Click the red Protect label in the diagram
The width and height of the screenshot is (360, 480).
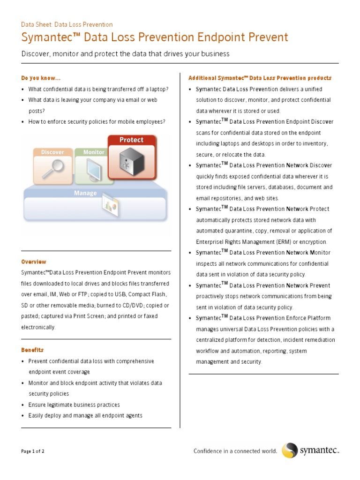click(x=131, y=140)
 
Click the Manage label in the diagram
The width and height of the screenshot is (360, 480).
click(x=85, y=193)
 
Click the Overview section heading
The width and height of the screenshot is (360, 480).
click(x=34, y=262)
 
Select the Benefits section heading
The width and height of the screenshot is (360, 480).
click(x=32, y=350)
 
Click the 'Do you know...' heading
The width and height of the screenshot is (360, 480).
click(x=41, y=78)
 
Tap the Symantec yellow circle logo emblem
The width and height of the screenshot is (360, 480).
click(x=289, y=450)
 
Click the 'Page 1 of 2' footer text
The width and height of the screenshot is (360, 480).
click(x=33, y=451)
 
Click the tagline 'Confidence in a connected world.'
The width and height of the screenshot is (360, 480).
click(x=235, y=451)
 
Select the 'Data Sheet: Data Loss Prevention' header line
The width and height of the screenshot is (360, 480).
click(x=67, y=24)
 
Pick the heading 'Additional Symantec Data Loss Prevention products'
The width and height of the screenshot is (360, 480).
click(x=260, y=78)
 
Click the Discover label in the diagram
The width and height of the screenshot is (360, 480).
click(x=52, y=152)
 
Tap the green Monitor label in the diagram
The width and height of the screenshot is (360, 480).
click(x=93, y=152)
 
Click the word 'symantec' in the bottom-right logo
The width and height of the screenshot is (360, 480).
click(x=319, y=451)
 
